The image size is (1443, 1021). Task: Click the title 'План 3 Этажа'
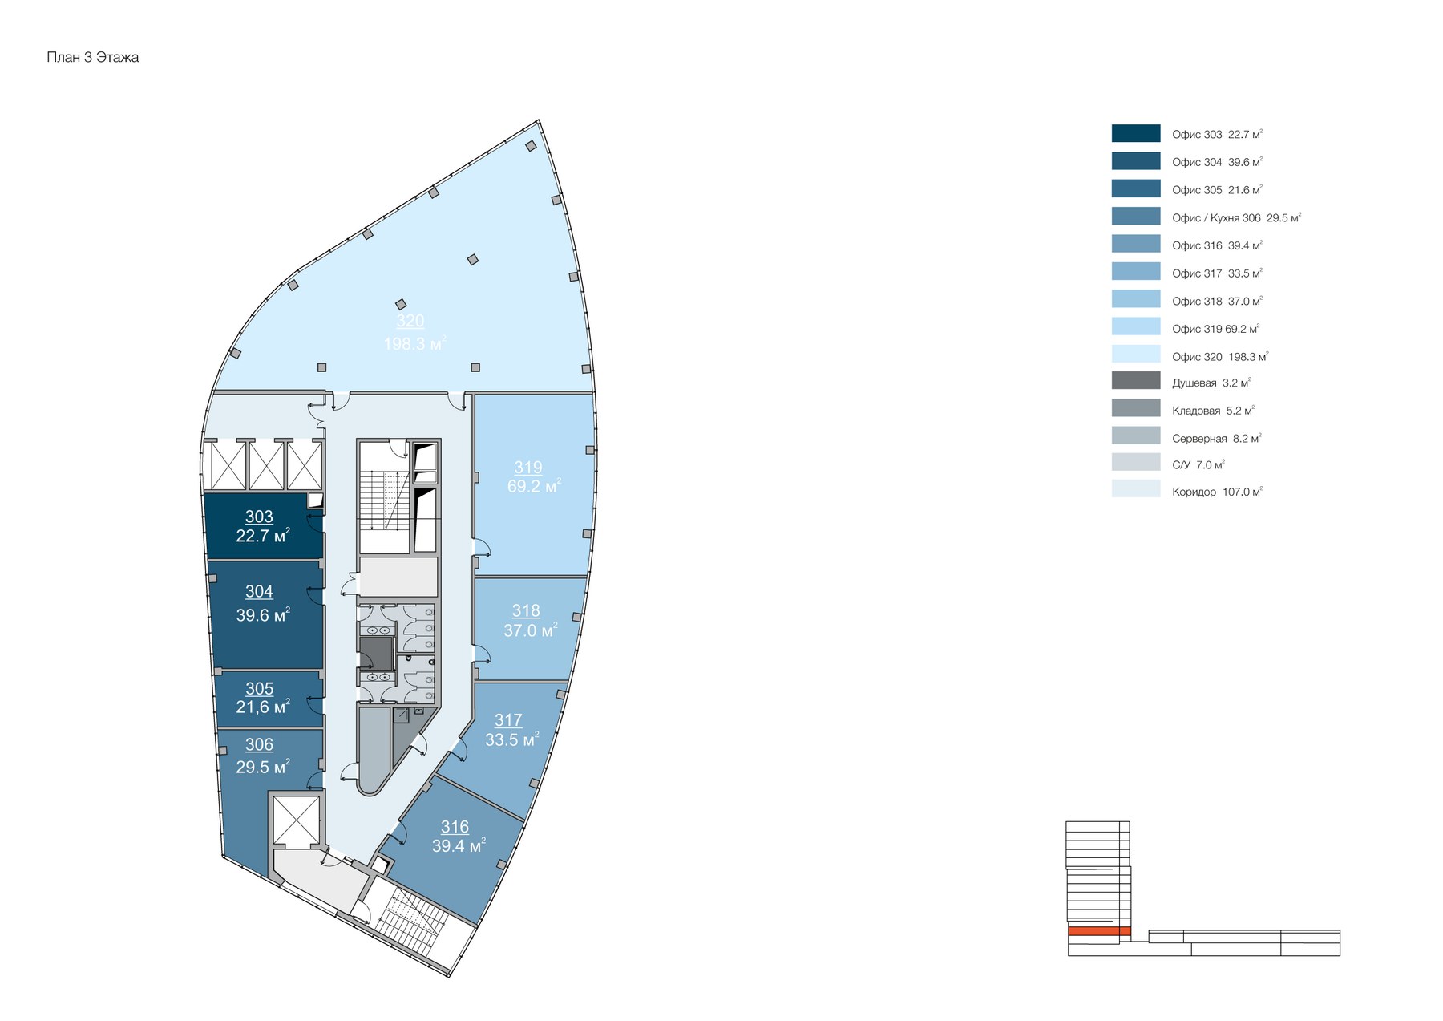[x=92, y=57]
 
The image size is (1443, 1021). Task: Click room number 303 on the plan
[x=259, y=517]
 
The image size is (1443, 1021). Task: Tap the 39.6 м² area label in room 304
[x=262, y=615]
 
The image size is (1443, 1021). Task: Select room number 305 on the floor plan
[x=259, y=688]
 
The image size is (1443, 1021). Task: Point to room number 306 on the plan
[x=259, y=744]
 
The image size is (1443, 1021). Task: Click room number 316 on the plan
[x=455, y=826]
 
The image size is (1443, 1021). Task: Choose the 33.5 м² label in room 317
[x=511, y=739]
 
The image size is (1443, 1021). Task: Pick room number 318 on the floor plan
[x=526, y=610]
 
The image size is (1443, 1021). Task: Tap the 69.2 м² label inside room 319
[x=533, y=486]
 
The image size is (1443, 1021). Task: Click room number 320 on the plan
[x=410, y=321]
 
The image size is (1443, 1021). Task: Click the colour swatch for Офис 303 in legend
[x=1135, y=133]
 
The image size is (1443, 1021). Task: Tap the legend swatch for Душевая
[x=1135, y=380]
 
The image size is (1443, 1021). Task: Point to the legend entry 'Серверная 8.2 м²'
[x=1215, y=439]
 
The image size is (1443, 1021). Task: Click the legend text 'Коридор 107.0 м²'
[x=1216, y=492]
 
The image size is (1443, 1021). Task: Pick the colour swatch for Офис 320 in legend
[x=1135, y=354]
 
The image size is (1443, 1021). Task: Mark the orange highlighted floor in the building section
[x=1098, y=930]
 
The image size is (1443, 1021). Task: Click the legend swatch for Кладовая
[x=1135, y=408]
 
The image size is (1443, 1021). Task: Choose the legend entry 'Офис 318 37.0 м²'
[x=1216, y=301]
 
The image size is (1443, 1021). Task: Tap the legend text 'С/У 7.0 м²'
[x=1198, y=465]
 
